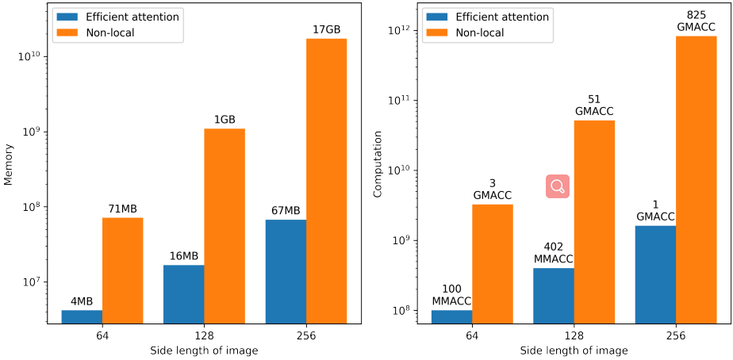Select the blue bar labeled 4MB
(x=82, y=316)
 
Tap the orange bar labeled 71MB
(x=123, y=270)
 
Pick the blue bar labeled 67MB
(x=286, y=271)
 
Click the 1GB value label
(x=225, y=120)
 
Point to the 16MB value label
(x=183, y=256)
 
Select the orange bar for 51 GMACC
(x=594, y=221)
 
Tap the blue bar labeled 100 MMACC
(x=451, y=316)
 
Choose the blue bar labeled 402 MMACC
(x=553, y=295)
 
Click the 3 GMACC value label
(x=492, y=190)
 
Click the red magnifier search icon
(x=558, y=186)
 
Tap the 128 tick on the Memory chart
(x=204, y=335)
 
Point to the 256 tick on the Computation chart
(x=676, y=335)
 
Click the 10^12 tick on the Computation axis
(x=397, y=30)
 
